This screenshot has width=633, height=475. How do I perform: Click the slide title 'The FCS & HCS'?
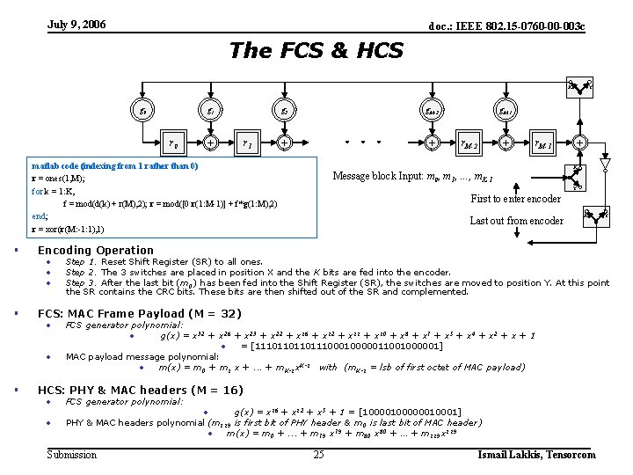pos(316,50)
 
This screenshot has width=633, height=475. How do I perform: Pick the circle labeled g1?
pos(211,111)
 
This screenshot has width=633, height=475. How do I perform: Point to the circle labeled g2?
pos(285,111)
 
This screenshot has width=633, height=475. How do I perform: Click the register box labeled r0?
pos(174,142)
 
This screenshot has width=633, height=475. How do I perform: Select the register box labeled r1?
pos(248,142)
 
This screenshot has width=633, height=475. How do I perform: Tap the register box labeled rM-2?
pos(469,142)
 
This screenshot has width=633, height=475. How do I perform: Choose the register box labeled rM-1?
pos(543,142)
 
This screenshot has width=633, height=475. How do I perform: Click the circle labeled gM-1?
pos(506,111)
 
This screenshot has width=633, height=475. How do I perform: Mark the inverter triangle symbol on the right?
pos(604,164)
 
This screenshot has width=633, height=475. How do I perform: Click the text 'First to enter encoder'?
pos(516,199)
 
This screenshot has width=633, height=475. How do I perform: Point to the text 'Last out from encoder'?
pos(516,221)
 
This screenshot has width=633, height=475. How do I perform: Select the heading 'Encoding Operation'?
pos(96,250)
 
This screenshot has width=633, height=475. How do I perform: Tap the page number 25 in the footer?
pos(318,455)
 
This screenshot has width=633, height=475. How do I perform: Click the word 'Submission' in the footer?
pos(72,455)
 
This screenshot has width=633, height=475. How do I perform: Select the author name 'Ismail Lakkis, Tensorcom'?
pos(536,455)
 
